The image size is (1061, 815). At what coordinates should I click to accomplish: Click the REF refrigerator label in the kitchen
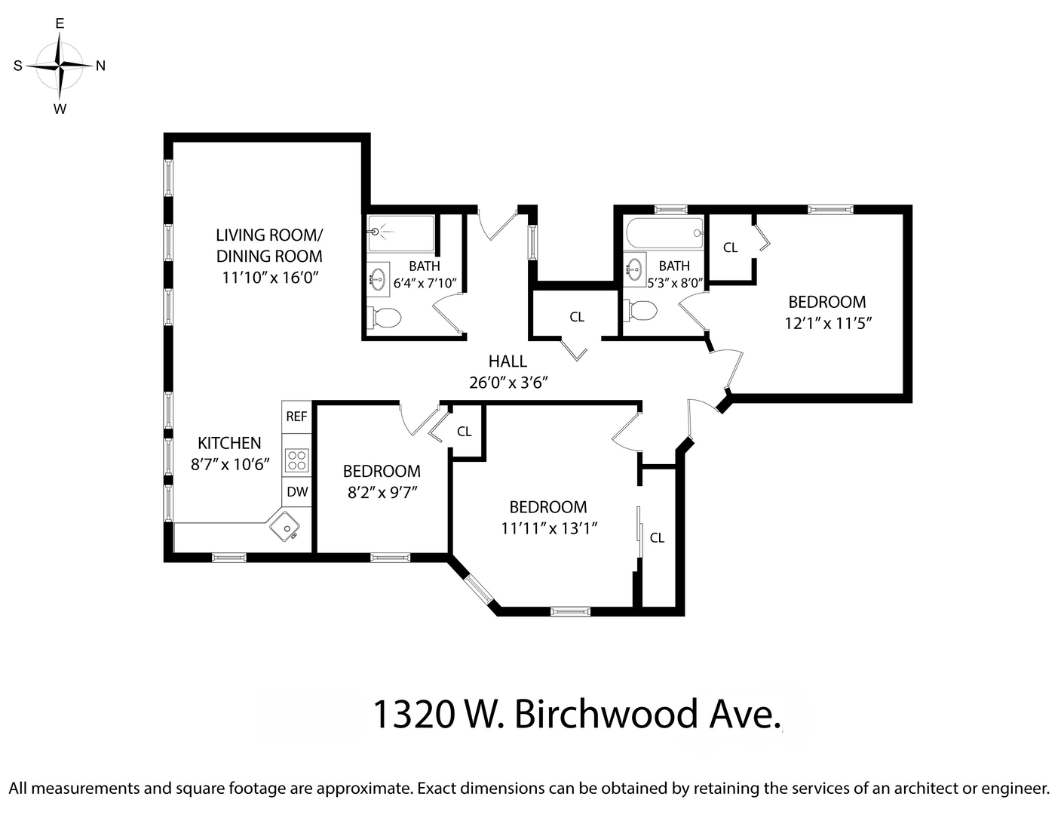[296, 417]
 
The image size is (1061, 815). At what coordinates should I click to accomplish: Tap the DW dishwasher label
[298, 492]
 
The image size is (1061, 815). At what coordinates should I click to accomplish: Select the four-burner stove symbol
[296, 460]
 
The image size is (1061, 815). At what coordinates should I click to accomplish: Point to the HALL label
[508, 361]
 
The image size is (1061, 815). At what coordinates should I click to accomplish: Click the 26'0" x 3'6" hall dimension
[508, 383]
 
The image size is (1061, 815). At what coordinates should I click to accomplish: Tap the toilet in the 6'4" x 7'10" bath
[385, 318]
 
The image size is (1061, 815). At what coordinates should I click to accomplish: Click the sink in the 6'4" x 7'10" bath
[378, 278]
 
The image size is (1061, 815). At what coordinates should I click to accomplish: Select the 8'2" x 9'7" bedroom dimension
[382, 492]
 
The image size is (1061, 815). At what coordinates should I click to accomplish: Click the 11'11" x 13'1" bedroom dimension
[549, 528]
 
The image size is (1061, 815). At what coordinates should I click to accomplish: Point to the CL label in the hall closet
[577, 317]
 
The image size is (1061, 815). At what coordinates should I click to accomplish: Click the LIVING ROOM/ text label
[269, 234]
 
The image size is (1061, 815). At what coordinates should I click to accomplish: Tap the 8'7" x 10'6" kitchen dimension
[230, 464]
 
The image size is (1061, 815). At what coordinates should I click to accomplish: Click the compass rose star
[60, 66]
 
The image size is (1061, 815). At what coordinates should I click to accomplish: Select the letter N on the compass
[100, 66]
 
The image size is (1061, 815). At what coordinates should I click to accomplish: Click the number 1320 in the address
[413, 714]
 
